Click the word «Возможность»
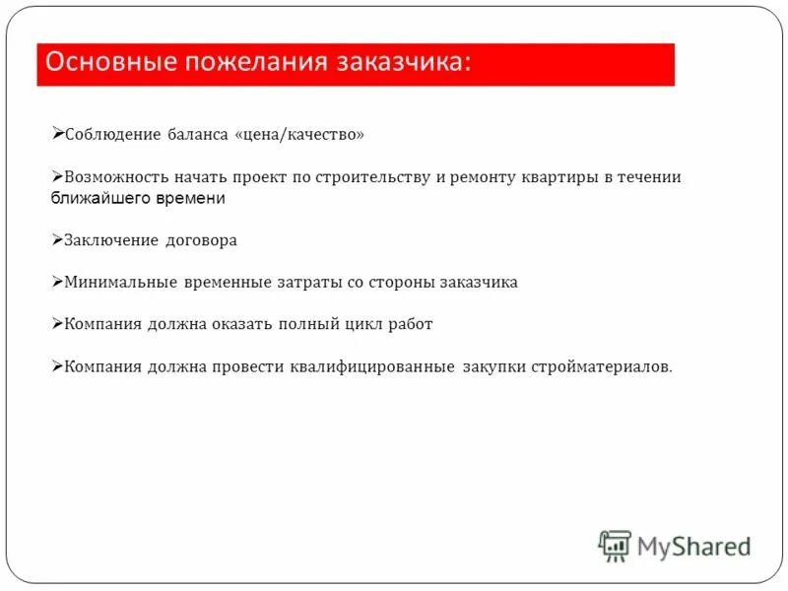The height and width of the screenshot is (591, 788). tap(115, 177)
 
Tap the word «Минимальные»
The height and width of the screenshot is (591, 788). tap(119, 283)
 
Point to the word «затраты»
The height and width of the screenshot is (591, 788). tap(309, 283)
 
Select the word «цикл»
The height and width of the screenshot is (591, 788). tap(361, 324)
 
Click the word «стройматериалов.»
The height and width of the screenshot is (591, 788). tap(603, 367)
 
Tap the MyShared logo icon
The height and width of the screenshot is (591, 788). tap(615, 545)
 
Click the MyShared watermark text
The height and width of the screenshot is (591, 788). tap(693, 546)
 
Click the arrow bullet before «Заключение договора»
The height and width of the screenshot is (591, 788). tap(57, 239)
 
